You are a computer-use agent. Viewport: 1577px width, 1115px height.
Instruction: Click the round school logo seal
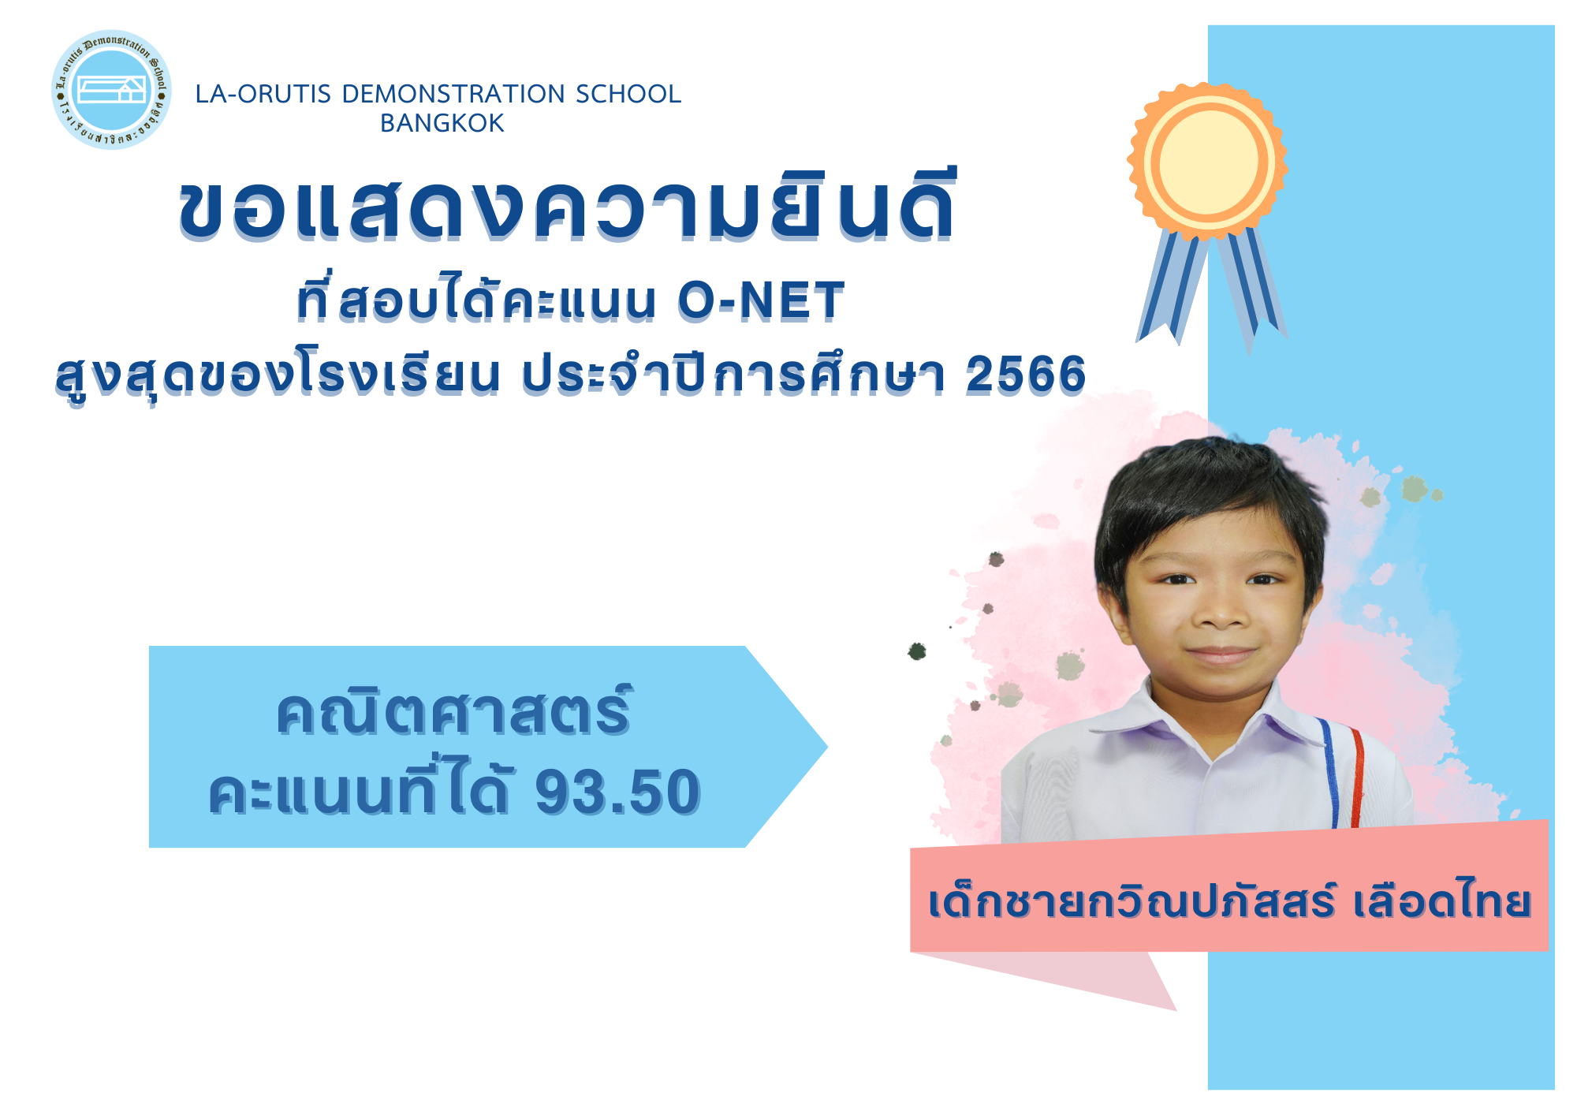[x=111, y=90]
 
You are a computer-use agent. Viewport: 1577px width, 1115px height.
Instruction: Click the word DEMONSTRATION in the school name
[x=453, y=94]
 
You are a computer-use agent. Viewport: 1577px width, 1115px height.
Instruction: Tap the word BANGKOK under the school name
[x=442, y=124]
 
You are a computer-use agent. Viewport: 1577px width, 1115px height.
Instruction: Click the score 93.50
[x=618, y=792]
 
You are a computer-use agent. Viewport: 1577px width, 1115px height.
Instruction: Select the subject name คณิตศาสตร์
[x=454, y=711]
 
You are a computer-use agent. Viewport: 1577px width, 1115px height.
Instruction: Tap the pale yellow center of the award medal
[x=1208, y=162]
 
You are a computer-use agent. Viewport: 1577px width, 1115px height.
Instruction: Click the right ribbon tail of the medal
[x=1252, y=288]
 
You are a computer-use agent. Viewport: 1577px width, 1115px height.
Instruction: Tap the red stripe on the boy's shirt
[x=1357, y=778]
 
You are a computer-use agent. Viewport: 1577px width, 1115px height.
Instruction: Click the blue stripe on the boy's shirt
[x=1330, y=773]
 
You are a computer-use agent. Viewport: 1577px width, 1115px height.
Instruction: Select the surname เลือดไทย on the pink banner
[x=1442, y=901]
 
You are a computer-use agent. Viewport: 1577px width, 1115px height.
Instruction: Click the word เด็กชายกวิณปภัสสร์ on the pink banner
[x=1131, y=901]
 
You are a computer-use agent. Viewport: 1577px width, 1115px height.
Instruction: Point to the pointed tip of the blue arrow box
[x=826, y=746]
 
